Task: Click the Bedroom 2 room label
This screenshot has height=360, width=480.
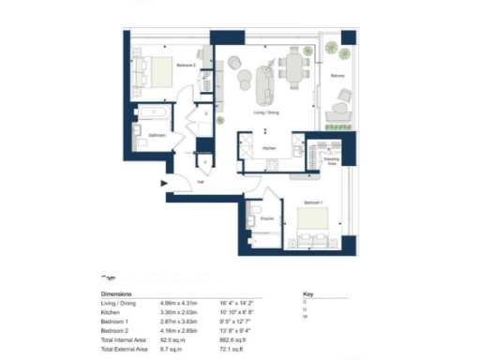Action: pos(186,66)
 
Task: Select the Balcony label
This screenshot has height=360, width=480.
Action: pos(337,76)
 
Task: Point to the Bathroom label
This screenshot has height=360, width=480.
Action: pos(157,135)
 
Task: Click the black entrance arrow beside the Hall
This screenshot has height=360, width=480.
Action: pos(166,184)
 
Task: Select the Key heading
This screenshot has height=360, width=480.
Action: pos(307,293)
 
